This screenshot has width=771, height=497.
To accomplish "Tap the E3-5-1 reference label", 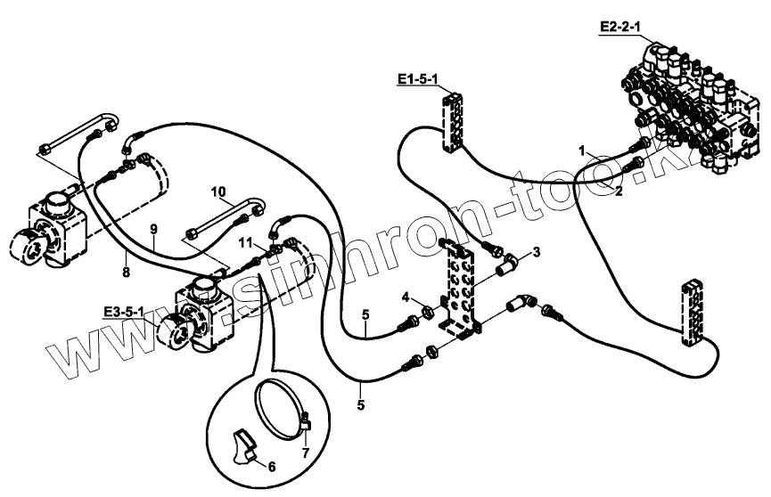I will point(125,311).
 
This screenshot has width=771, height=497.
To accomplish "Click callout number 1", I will point(582,151).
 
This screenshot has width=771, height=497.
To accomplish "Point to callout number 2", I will point(618,191).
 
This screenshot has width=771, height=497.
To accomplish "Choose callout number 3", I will point(536,253).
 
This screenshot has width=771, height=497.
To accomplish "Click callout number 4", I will point(405,297).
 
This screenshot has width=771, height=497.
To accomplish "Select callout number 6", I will point(273,465).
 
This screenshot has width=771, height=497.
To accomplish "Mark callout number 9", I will point(153,230).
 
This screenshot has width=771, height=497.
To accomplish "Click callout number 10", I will point(219,191).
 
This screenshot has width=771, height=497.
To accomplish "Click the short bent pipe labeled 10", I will point(223,217).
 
